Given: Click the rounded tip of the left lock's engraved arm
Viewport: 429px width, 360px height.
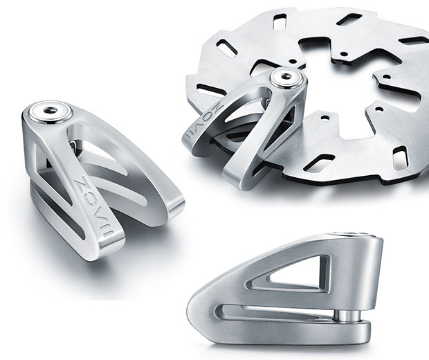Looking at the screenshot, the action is (110, 241).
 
